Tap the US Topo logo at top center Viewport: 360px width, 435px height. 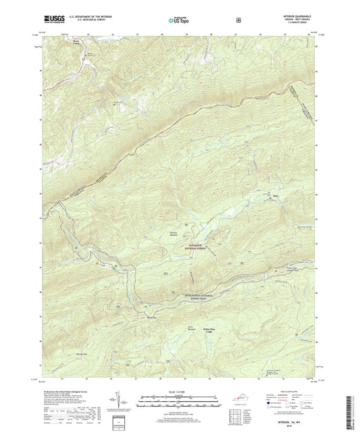point(180,20)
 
